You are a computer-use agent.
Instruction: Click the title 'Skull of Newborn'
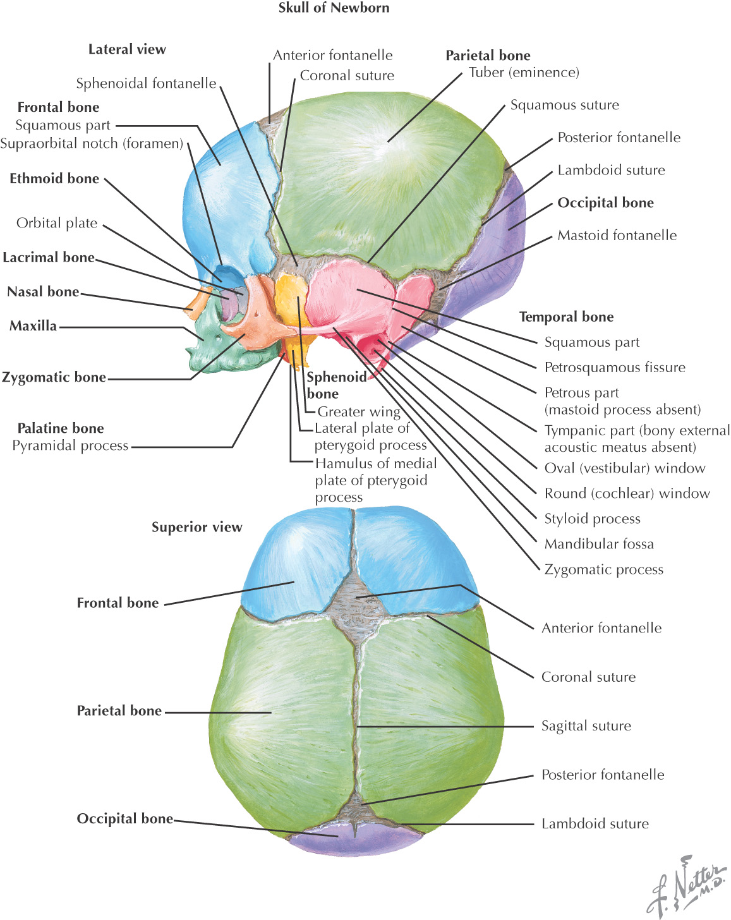point(334,8)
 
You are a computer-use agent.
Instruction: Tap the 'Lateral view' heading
point(127,49)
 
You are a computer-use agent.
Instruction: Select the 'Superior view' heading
point(196,527)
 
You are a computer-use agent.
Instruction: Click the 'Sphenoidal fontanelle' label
point(146,83)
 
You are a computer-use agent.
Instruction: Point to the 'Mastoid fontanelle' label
point(617,236)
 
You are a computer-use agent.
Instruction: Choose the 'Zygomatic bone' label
point(54,377)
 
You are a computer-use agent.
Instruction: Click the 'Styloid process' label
point(592,519)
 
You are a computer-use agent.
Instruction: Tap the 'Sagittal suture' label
point(586,726)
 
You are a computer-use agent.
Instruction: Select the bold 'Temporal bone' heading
point(566,317)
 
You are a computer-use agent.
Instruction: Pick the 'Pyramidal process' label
point(70,445)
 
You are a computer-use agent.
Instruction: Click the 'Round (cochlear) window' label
point(627,493)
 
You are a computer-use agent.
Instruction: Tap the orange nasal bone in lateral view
point(197,300)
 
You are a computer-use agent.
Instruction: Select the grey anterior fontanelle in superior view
point(357,597)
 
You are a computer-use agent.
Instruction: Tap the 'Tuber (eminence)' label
point(524,73)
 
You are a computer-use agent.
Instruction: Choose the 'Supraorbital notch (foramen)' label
point(92,143)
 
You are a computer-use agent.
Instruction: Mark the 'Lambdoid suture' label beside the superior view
point(595,824)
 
